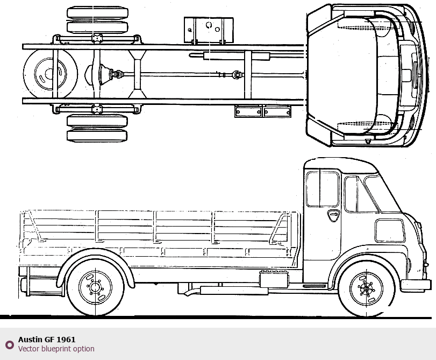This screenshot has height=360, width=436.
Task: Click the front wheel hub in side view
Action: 367,288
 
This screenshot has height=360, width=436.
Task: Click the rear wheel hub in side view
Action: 95,288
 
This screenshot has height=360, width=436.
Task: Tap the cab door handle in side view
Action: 333,215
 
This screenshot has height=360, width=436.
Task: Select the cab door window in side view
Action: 323,188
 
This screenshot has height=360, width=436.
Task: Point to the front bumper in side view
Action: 416,285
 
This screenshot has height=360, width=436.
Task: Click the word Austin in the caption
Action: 30,340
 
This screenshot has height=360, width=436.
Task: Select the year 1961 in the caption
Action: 66,340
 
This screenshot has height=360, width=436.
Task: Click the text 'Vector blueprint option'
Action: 56,349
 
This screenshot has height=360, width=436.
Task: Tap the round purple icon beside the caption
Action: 9,344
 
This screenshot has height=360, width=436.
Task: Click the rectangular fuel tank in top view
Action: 209,30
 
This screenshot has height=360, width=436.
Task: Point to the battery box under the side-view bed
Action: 274,279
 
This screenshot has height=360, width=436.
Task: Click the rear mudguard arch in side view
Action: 97,259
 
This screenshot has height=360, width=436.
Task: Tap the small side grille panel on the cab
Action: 390,230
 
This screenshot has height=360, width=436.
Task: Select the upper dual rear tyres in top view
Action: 97,20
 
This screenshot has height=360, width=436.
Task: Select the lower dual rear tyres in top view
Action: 97,128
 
